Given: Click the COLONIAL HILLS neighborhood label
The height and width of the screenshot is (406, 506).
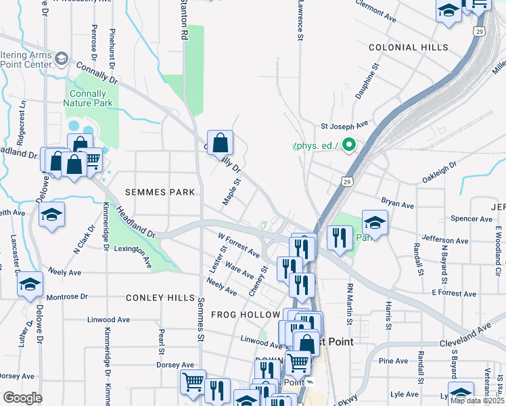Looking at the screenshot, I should coord(408,47).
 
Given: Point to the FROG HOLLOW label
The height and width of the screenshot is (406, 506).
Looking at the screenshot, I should coord(245,315).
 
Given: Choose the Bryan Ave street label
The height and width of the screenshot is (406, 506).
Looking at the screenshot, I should coord(397,203).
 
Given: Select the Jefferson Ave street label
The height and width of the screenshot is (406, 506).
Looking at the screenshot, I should coord(444,240).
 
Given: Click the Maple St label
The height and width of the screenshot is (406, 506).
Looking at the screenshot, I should coord(232,192).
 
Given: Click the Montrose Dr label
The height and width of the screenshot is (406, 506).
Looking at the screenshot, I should coord(66,296).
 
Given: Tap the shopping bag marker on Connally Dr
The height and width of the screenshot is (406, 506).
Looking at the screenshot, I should coord(220,143).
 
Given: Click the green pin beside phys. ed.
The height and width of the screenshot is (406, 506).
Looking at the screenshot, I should coord(349,145).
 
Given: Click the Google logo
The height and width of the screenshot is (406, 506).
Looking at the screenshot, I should coord(22,397).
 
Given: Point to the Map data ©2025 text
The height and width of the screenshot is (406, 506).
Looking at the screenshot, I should coord(477,401).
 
